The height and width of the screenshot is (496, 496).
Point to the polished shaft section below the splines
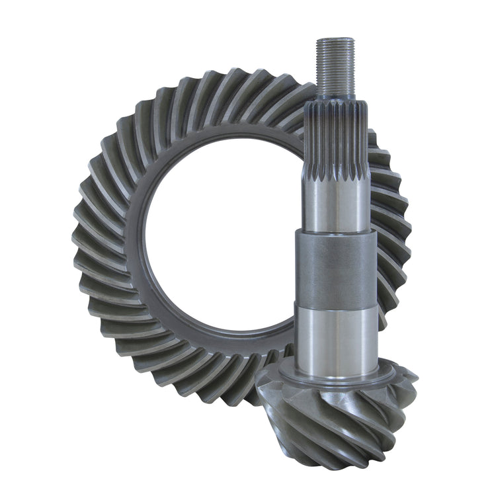(x=337, y=205)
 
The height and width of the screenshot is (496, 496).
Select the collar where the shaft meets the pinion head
(x=337, y=374)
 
